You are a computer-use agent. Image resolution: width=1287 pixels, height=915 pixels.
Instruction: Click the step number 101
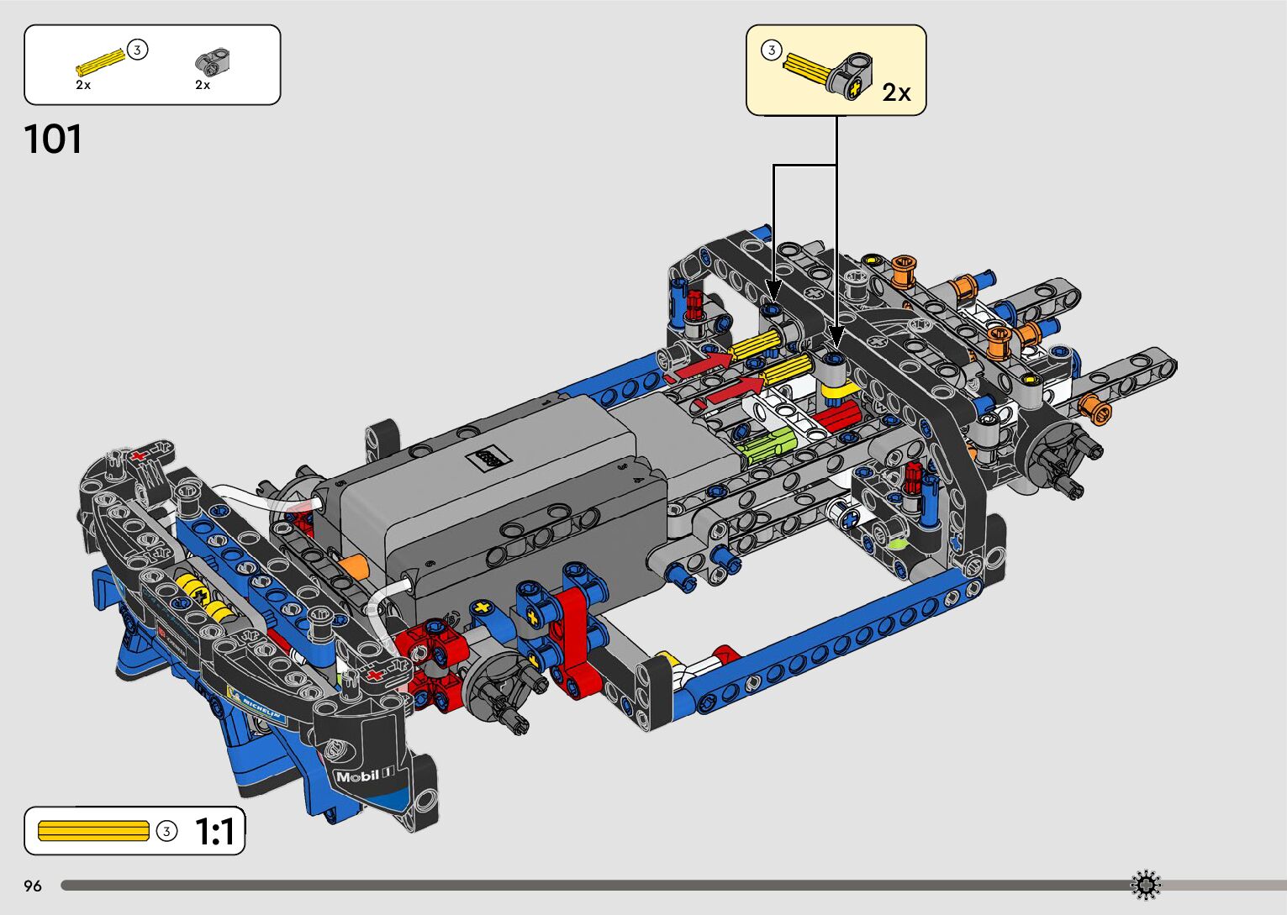[x=53, y=139]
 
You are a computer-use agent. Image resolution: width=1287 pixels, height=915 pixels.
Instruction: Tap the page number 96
[x=33, y=886]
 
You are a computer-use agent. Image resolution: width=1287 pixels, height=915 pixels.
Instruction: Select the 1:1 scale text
[x=215, y=831]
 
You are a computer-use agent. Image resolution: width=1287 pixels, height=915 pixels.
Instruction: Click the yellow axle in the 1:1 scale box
[x=93, y=831]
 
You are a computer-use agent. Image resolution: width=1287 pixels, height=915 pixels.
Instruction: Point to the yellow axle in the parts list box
[x=100, y=62]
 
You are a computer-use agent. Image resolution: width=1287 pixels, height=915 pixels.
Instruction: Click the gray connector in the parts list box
[x=213, y=61]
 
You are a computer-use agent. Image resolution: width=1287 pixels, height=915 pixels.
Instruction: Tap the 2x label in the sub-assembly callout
[x=896, y=92]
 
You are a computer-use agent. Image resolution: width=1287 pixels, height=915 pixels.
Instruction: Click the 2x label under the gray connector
[x=203, y=85]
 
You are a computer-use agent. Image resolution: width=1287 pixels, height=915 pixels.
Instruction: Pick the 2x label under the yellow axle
[x=83, y=85]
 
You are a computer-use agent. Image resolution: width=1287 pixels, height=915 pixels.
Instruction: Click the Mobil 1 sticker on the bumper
[x=365, y=776]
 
